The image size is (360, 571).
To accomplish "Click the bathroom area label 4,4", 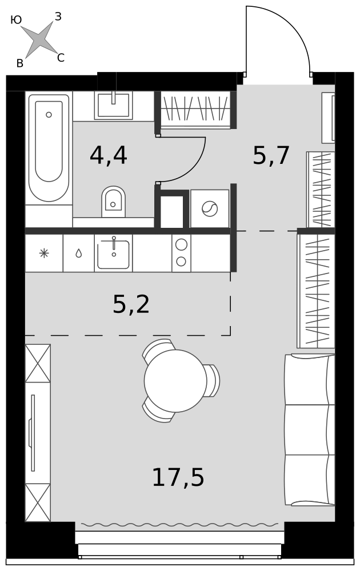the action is pyautogui.click(x=108, y=156).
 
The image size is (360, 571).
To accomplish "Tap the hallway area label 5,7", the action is pyautogui.click(x=271, y=155).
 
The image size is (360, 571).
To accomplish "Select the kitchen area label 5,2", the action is pyautogui.click(x=131, y=304).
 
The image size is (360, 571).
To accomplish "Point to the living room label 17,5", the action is pyautogui.click(x=178, y=477).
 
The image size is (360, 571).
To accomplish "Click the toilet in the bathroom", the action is pyautogui.click(x=113, y=202).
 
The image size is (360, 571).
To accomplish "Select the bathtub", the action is pyautogui.click(x=49, y=148).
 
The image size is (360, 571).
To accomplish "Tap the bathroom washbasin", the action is pyautogui.click(x=113, y=105).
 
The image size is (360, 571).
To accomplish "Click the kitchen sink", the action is pyautogui.click(x=113, y=254).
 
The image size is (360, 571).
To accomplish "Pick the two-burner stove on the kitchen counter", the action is pyautogui.click(x=181, y=254).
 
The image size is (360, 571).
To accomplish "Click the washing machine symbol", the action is pyautogui.click(x=210, y=208).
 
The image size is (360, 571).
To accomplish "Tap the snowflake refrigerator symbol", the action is pyautogui.click(x=44, y=253).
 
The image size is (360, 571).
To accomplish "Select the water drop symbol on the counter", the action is pyautogui.click(x=79, y=253).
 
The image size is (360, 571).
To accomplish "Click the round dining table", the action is pyautogui.click(x=175, y=381).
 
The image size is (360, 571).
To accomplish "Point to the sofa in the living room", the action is pyautogui.click(x=309, y=430).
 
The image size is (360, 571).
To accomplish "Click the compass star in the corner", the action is pyautogui.click(x=38, y=39).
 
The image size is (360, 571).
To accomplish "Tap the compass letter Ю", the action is pyautogui.click(x=16, y=21).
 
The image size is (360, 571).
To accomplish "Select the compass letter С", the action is pyautogui.click(x=61, y=58).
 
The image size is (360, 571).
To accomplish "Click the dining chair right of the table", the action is pyautogui.click(x=213, y=380).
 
